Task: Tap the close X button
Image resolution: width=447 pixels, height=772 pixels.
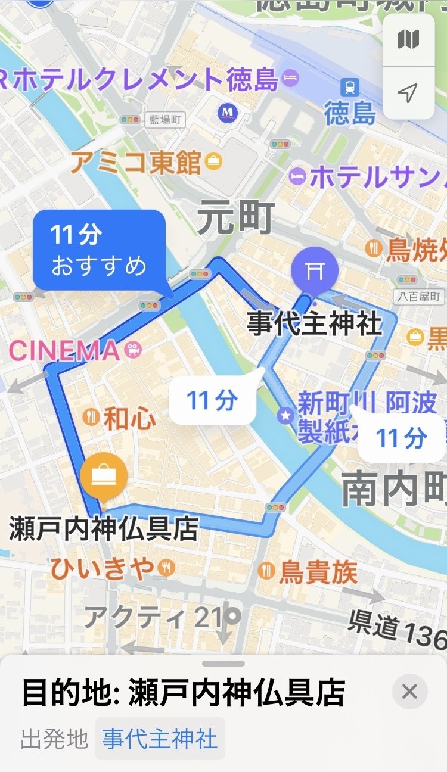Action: point(409,692)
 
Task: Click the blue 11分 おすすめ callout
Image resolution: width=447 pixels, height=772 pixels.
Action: point(99,250)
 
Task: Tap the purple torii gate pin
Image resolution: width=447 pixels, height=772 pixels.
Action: point(314,270)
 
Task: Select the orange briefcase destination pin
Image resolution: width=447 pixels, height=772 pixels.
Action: point(104,475)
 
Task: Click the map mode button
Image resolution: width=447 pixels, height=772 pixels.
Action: point(408,40)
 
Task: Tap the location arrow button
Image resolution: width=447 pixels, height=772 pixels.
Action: point(408,92)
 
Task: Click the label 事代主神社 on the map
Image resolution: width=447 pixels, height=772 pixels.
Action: point(314,325)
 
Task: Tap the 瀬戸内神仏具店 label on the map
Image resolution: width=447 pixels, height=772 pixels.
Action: point(104,528)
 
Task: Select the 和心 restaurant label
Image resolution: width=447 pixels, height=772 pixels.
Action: point(129,419)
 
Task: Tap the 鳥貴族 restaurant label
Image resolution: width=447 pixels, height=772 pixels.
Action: point(319,572)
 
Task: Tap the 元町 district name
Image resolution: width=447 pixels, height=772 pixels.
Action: point(237,217)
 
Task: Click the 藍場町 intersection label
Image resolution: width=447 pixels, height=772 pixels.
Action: point(164,120)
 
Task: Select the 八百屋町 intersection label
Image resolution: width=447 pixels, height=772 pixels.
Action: point(423,296)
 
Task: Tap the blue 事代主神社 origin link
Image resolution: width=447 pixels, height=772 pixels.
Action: point(160,739)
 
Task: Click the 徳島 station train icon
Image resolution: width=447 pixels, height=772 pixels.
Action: point(350,88)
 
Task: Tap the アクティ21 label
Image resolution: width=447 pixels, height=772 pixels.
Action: point(153,617)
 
